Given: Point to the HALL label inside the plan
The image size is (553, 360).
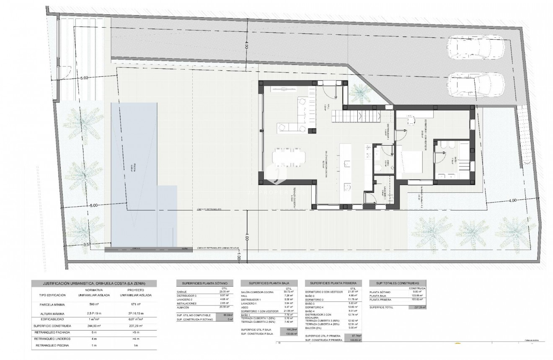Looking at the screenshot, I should point(329,108).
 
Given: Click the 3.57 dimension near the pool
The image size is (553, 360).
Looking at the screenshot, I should point(87,244).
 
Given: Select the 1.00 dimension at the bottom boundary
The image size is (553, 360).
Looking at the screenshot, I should point(238,259).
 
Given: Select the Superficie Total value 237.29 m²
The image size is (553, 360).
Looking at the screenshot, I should point(417,307).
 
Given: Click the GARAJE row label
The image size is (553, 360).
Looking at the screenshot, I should point(181,292).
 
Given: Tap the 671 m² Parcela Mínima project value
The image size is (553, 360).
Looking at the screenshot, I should point(134,305).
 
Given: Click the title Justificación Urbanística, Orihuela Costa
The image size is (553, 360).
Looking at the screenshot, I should point(94,284).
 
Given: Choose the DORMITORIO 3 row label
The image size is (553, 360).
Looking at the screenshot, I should point(317,300).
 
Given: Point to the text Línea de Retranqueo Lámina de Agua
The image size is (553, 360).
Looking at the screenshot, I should point(217,248).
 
